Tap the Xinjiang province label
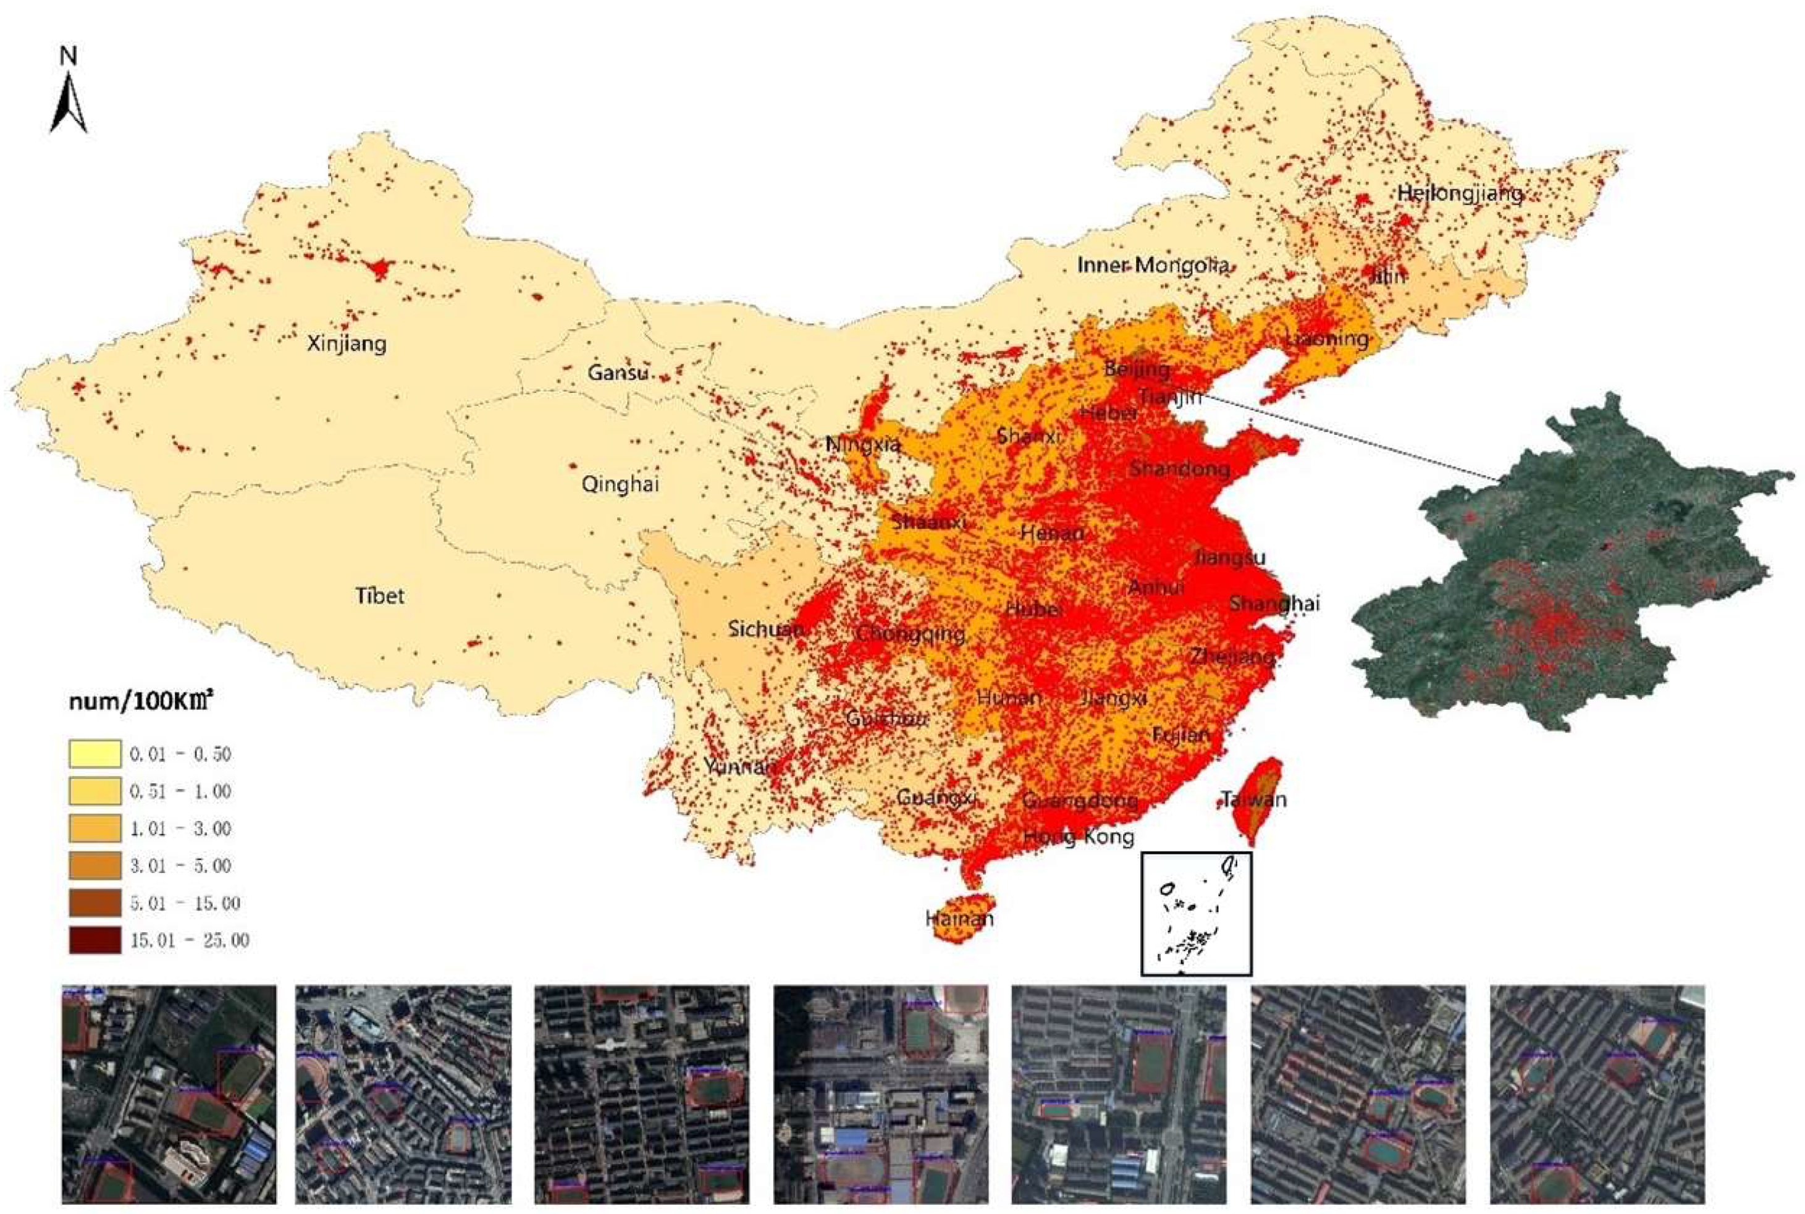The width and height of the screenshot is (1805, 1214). coord(346,343)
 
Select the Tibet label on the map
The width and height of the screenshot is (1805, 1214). coord(379,596)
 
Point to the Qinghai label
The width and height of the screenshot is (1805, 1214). coord(620,484)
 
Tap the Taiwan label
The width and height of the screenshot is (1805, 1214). coord(1254,799)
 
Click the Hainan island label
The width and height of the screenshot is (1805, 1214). coord(959,919)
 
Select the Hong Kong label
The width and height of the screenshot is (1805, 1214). coord(1078,836)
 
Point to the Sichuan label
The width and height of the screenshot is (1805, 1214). coord(765,629)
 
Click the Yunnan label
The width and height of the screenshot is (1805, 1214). coord(739,767)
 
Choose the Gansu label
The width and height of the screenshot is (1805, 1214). coord(617,373)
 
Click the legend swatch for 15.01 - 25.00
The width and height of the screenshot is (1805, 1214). coord(95,940)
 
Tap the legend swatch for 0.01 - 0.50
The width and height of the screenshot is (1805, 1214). coord(95,753)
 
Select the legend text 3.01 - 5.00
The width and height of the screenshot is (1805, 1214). coord(180,866)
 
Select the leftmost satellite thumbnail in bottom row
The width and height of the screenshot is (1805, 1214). coord(169,1094)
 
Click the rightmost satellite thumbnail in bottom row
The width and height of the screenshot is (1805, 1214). coord(1597,1094)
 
